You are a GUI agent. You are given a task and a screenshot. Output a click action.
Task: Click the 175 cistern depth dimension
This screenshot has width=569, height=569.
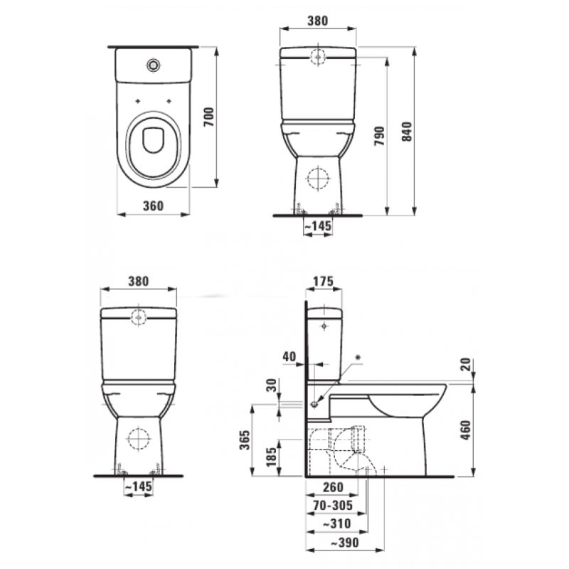[323, 282]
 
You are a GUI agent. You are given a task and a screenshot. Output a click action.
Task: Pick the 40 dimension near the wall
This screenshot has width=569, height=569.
[288, 356]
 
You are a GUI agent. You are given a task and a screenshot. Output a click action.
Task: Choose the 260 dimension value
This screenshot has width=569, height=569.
[331, 487]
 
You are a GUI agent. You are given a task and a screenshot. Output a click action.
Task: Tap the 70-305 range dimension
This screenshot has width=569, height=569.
[334, 506]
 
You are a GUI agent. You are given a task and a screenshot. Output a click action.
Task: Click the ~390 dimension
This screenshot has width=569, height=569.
[339, 543]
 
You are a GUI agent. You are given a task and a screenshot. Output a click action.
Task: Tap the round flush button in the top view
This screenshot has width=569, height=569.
[153, 65]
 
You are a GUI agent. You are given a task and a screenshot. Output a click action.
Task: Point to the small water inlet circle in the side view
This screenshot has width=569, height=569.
[314, 403]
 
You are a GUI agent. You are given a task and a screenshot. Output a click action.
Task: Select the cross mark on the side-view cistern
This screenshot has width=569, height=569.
[324, 326]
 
